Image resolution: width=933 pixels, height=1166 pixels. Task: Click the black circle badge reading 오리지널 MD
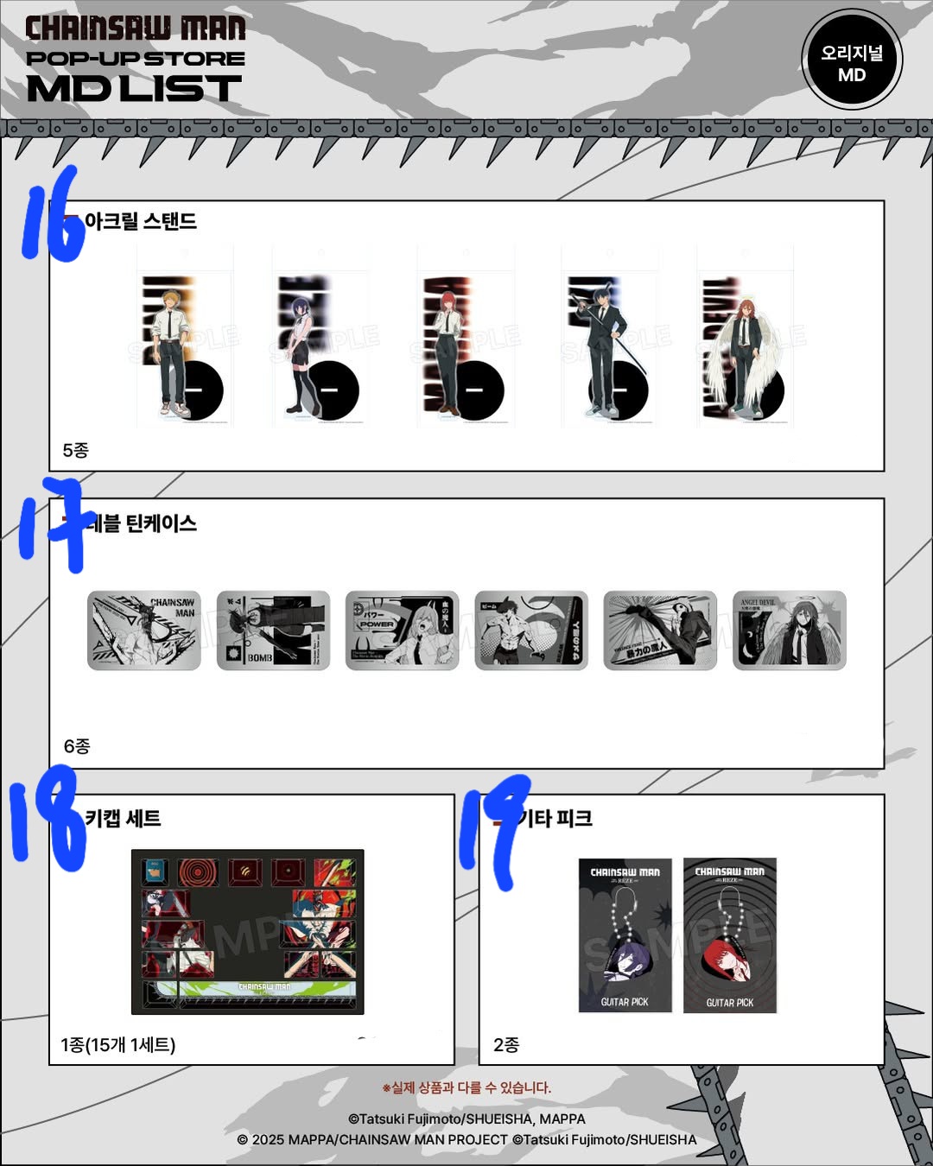click(x=852, y=60)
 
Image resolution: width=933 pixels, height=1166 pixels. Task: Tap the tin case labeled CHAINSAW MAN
click(x=144, y=631)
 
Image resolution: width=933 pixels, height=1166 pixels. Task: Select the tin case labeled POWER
click(x=402, y=631)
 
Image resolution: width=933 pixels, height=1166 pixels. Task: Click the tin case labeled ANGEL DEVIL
click(x=790, y=631)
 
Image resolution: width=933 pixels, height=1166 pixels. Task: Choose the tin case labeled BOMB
click(x=273, y=631)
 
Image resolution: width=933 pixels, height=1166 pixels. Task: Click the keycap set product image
click(x=248, y=932)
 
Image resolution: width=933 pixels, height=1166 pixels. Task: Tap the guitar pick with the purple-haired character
click(x=625, y=935)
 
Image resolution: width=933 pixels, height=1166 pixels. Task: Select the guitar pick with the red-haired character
click(x=730, y=935)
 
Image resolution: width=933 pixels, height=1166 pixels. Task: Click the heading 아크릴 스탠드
click(x=141, y=221)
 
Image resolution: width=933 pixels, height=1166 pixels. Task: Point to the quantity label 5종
click(x=76, y=450)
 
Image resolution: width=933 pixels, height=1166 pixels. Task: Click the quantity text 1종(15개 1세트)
click(x=118, y=1045)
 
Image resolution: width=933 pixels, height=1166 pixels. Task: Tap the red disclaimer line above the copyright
click(x=466, y=1087)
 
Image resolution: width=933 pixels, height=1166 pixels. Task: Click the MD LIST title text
click(x=134, y=88)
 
